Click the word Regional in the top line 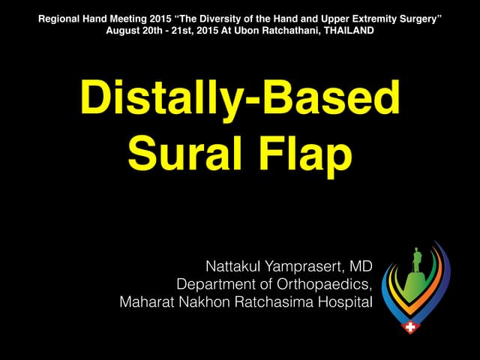pyautogui.click(x=58, y=16)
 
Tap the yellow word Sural pyautogui.click(x=177, y=154)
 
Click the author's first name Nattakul pyautogui.click(x=236, y=267)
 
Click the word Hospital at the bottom pyautogui.click(x=344, y=302)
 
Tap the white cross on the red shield pyautogui.click(x=410, y=328)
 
